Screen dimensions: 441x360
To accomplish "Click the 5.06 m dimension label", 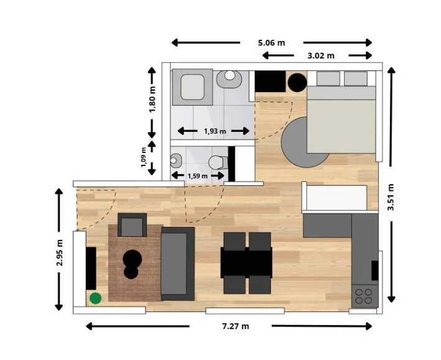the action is [271, 43].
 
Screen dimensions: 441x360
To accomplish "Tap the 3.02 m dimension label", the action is [321, 56].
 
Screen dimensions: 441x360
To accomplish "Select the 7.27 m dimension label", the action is [235, 326].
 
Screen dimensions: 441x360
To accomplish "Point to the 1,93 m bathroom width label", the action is [215, 131].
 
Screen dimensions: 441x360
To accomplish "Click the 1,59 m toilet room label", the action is [197, 176].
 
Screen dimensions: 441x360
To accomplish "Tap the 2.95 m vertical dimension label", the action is [60, 252].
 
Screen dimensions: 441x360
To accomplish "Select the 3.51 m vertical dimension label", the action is [391, 197].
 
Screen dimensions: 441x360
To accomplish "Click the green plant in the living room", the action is [96, 298].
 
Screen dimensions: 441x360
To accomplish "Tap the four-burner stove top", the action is [364, 296].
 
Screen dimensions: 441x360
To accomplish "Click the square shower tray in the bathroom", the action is [192, 87].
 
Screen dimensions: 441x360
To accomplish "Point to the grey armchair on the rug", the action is [132, 224].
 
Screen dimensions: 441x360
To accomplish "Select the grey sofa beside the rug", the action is [178, 264].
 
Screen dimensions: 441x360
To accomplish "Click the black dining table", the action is [246, 262].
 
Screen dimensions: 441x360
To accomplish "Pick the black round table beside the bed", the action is [297, 83].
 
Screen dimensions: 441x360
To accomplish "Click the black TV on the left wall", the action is [91, 269].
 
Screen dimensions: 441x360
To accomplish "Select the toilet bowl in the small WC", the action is [218, 162].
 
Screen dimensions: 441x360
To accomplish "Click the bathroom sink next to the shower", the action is [230, 79].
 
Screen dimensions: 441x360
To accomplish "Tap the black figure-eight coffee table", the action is [132, 264].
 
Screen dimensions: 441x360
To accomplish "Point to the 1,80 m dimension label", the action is [152, 99].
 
